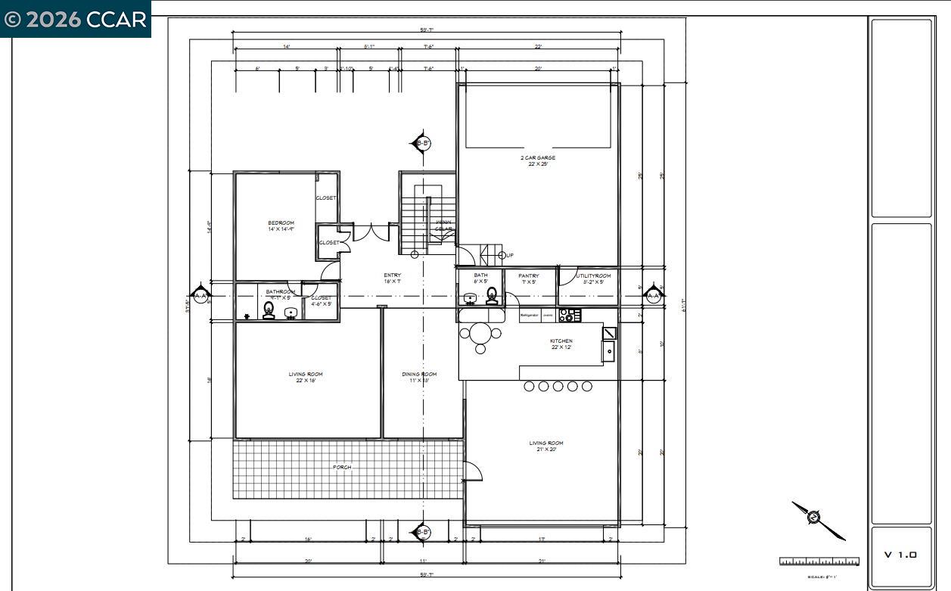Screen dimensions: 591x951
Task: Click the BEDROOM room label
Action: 281,222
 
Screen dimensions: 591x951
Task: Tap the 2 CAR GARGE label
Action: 537,158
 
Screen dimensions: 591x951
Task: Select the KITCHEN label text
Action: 561,341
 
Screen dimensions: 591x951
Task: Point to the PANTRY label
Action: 529,276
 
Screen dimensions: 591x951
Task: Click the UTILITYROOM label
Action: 593,276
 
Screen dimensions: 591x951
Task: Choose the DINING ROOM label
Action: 419,375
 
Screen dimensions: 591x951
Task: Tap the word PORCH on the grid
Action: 342,468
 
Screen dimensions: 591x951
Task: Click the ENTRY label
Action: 392,275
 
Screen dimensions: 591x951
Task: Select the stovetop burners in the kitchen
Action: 570,315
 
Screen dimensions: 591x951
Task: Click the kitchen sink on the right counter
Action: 608,351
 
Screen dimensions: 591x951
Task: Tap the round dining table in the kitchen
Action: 480,333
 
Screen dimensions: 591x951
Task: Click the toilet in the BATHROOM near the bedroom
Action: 269,310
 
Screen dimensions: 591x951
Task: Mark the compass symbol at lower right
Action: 814,518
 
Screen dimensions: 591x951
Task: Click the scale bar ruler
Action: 819,561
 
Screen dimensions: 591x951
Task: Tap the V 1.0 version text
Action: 900,555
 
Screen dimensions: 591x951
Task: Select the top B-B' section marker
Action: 422,142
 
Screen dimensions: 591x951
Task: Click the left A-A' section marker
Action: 200,295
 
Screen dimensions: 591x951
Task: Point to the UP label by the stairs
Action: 510,256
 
